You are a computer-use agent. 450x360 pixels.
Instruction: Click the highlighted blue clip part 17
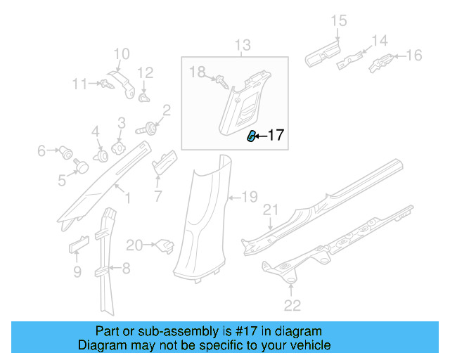(250, 136)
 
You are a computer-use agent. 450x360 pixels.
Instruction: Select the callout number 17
(276, 135)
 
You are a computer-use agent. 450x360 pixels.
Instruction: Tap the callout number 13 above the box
(242, 47)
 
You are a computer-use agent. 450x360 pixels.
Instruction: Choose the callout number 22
(292, 304)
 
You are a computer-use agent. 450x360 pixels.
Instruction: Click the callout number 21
(271, 210)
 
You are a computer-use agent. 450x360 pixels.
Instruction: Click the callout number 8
(126, 267)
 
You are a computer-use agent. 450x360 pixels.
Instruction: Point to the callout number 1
(127, 200)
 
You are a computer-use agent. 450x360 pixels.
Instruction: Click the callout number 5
(62, 181)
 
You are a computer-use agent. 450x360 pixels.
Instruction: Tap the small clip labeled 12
(144, 98)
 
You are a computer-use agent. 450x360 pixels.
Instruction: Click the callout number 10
(122, 53)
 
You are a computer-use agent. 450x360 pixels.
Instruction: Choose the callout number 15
(339, 21)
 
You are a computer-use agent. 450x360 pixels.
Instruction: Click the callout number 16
(413, 55)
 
